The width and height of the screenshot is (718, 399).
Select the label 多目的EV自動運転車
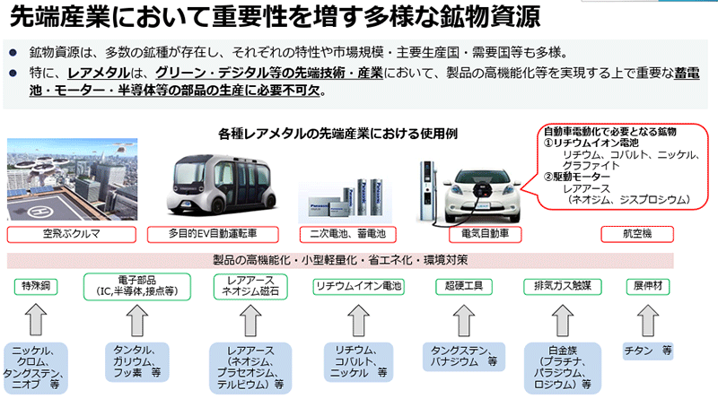(x=219, y=233)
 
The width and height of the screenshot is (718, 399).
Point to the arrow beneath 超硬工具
(x=464, y=320)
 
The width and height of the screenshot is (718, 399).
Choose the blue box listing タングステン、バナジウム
(x=464, y=355)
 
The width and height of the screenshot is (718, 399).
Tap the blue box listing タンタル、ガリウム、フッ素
(x=136, y=360)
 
